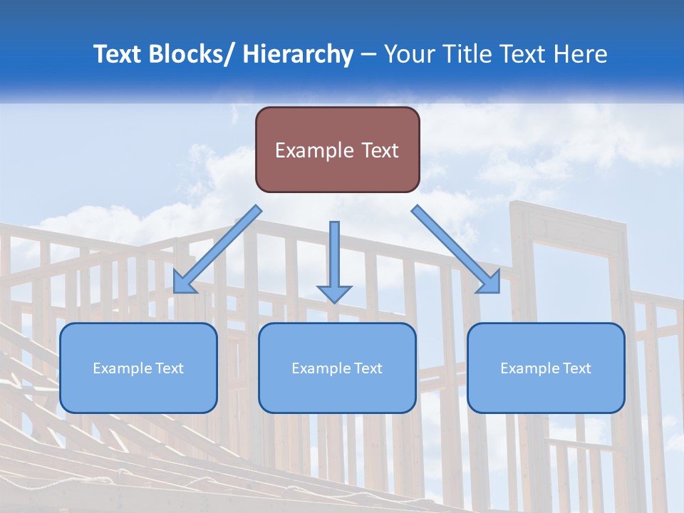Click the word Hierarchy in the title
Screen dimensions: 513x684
point(298,54)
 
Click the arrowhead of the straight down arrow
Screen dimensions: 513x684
point(334,293)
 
